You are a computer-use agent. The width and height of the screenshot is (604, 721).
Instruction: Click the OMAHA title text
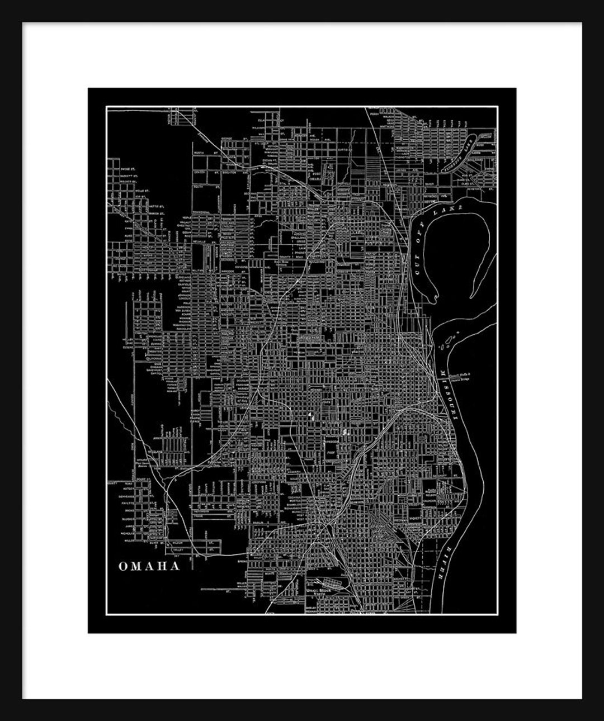pos(149,566)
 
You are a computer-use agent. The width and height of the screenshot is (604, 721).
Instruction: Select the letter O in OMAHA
pos(122,566)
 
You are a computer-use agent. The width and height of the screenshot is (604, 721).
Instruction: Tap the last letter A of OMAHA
pos(175,566)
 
